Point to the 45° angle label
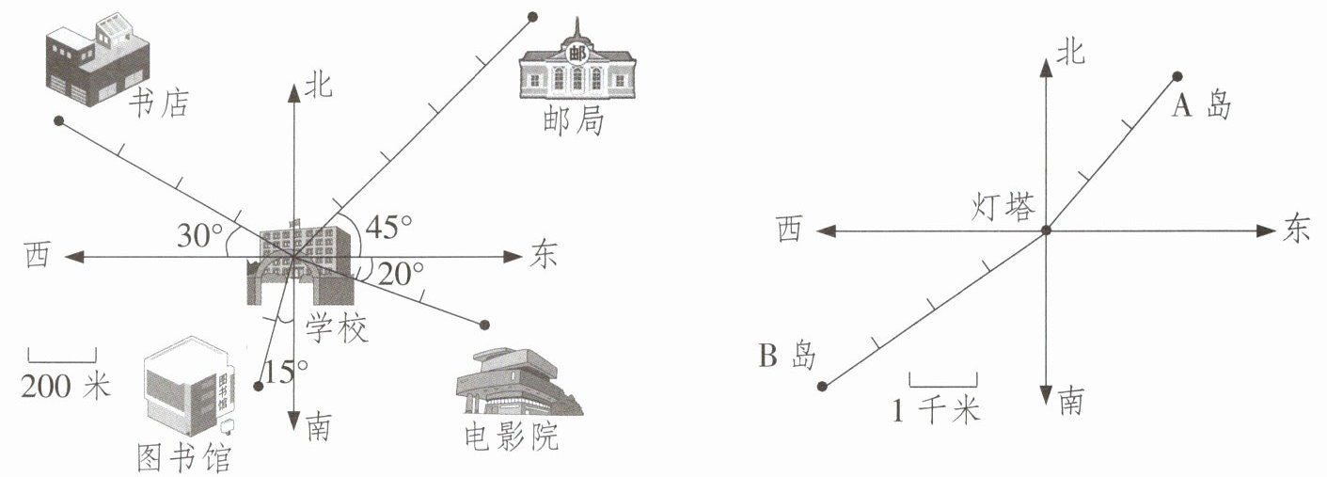[x=388, y=227]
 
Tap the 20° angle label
[x=401, y=274]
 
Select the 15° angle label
[x=284, y=373]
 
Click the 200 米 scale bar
[x=62, y=355]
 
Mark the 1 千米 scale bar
[x=943, y=379]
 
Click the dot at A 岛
[x=1177, y=76]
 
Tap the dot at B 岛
[x=822, y=386]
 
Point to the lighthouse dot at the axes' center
[x=1046, y=231]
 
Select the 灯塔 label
[x=1003, y=207]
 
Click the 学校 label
[x=337, y=328]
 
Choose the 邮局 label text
[x=573, y=121]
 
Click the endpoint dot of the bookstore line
[x=58, y=121]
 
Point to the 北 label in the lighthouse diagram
[x=1069, y=53]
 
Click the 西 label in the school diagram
[x=36, y=256]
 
